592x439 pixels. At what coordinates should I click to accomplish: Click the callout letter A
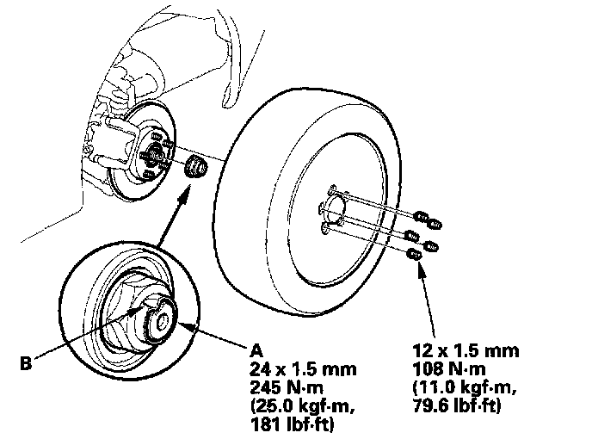tap(255, 350)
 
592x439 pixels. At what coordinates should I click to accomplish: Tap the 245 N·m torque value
tap(280, 386)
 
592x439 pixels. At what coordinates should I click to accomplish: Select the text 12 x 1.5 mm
tap(466, 351)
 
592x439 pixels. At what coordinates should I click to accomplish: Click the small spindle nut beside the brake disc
tap(197, 164)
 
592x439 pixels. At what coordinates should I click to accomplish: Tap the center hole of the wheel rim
tap(334, 207)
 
